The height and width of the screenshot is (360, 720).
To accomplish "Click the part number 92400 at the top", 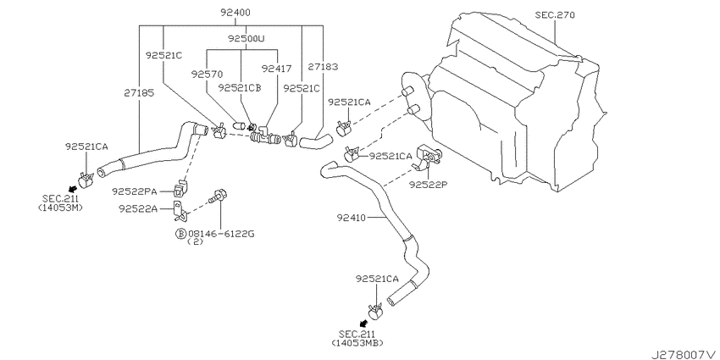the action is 235,13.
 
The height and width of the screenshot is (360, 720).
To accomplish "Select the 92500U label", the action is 246,39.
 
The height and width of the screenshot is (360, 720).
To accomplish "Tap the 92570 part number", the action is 207,74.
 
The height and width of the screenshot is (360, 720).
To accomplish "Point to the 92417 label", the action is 276,69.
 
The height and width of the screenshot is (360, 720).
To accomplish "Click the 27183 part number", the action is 323,67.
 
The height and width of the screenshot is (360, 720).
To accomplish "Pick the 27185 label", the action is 139,93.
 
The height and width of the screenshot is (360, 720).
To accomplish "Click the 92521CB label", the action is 240,87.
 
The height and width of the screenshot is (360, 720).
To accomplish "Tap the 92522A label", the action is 138,209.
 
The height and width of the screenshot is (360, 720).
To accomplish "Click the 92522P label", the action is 428,184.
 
